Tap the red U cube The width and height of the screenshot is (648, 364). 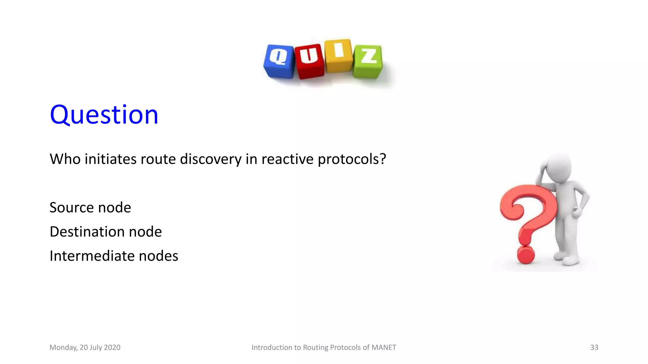309,61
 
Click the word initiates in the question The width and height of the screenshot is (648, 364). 111,159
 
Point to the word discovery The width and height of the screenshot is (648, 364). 211,159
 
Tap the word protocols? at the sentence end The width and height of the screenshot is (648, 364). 352,159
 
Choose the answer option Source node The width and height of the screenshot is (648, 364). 90,208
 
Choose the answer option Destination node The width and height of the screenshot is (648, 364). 106,232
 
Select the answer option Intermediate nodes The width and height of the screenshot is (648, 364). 114,256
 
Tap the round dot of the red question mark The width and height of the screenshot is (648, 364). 526,255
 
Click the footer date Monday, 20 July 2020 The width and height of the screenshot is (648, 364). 85,348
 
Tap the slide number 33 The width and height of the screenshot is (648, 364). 594,348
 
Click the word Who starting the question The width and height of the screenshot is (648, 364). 65,159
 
